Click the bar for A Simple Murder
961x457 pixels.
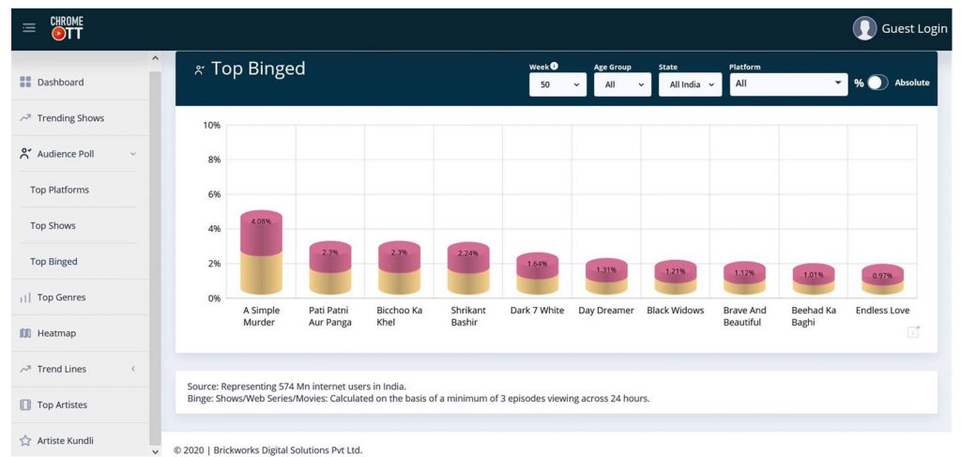[x=261, y=253]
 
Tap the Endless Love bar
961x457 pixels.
[x=882, y=281]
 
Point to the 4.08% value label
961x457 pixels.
[x=261, y=221]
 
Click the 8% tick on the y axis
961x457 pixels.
[x=214, y=160]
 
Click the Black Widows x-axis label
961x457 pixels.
[x=675, y=311]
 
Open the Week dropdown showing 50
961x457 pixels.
[x=557, y=84]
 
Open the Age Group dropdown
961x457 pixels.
[x=622, y=84]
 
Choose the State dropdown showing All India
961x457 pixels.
[x=689, y=84]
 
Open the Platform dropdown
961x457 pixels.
[x=788, y=84]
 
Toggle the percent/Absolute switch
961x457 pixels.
[x=877, y=83]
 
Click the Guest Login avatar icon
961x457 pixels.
[x=864, y=28]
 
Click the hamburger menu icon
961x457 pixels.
[x=29, y=28]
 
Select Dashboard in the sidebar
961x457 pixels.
[x=60, y=83]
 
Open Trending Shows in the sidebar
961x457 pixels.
[x=70, y=118]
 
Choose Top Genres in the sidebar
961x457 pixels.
[x=61, y=297]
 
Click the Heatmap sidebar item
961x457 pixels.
[x=56, y=333]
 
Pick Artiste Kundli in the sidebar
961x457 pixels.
[x=65, y=440]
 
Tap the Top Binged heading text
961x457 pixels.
[x=258, y=69]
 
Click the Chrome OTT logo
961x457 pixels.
[x=67, y=28]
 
